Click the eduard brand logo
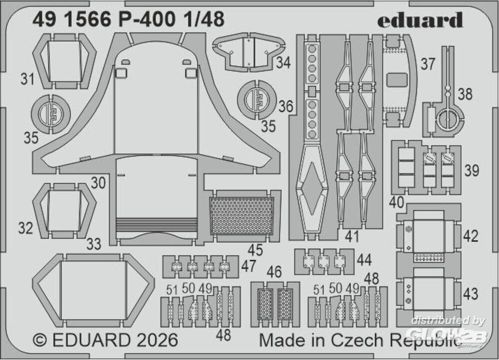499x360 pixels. coord(420,20)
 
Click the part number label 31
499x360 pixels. coord(27,78)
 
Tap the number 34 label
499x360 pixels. coord(283,63)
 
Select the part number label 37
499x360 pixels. coord(427,64)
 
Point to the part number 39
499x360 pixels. coord(471,170)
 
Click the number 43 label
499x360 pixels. coord(470,294)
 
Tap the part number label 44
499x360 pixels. coord(364,260)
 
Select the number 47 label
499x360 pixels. coord(249,266)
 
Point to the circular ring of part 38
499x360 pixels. coord(447,120)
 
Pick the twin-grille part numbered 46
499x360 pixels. coord(275,303)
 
